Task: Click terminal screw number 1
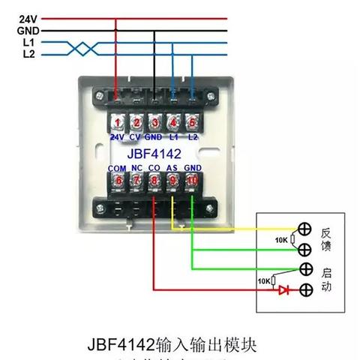pos(117,122)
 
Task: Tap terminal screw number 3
pos(154,122)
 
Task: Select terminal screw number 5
pos(192,122)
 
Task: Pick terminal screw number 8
pos(154,180)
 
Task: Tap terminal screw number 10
pos(192,180)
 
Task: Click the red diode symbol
pos(283,289)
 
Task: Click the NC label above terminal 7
pos(136,168)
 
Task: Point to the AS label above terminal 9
pos(172,168)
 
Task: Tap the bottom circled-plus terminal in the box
pos(305,289)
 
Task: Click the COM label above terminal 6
pos(117,168)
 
